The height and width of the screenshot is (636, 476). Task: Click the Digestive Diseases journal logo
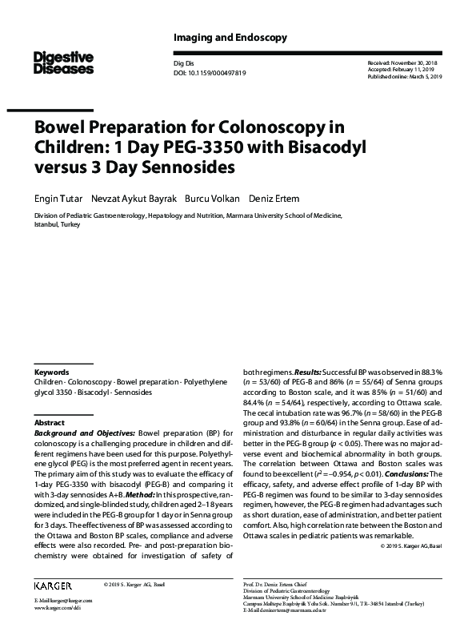[63, 62]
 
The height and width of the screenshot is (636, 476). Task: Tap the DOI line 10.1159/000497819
[209, 73]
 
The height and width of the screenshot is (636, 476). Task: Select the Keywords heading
[51, 372]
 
